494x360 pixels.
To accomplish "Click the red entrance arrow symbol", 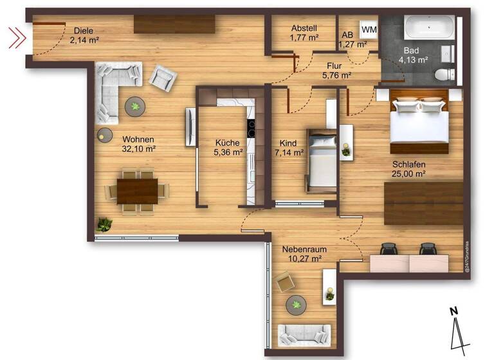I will pyautogui.click(x=17, y=38).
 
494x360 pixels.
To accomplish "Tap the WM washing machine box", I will pyautogui.click(x=369, y=29).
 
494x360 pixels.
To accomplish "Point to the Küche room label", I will pyautogui.click(x=228, y=143).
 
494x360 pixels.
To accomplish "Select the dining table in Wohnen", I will pyautogui.click(x=138, y=190).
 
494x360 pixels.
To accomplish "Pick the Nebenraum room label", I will pyautogui.click(x=301, y=248).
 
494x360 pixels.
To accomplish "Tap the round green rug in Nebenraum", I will pyautogui.click(x=297, y=304).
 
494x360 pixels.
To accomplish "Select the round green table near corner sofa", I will pyautogui.click(x=136, y=106).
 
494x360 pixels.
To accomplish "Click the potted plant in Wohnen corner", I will pyautogui.click(x=104, y=224).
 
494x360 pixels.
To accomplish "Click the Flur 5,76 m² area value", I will pyautogui.click(x=336, y=75).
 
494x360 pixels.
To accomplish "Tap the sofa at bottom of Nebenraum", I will pyautogui.click(x=304, y=335).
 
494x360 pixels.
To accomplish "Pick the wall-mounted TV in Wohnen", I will pyautogui.click(x=190, y=127).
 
